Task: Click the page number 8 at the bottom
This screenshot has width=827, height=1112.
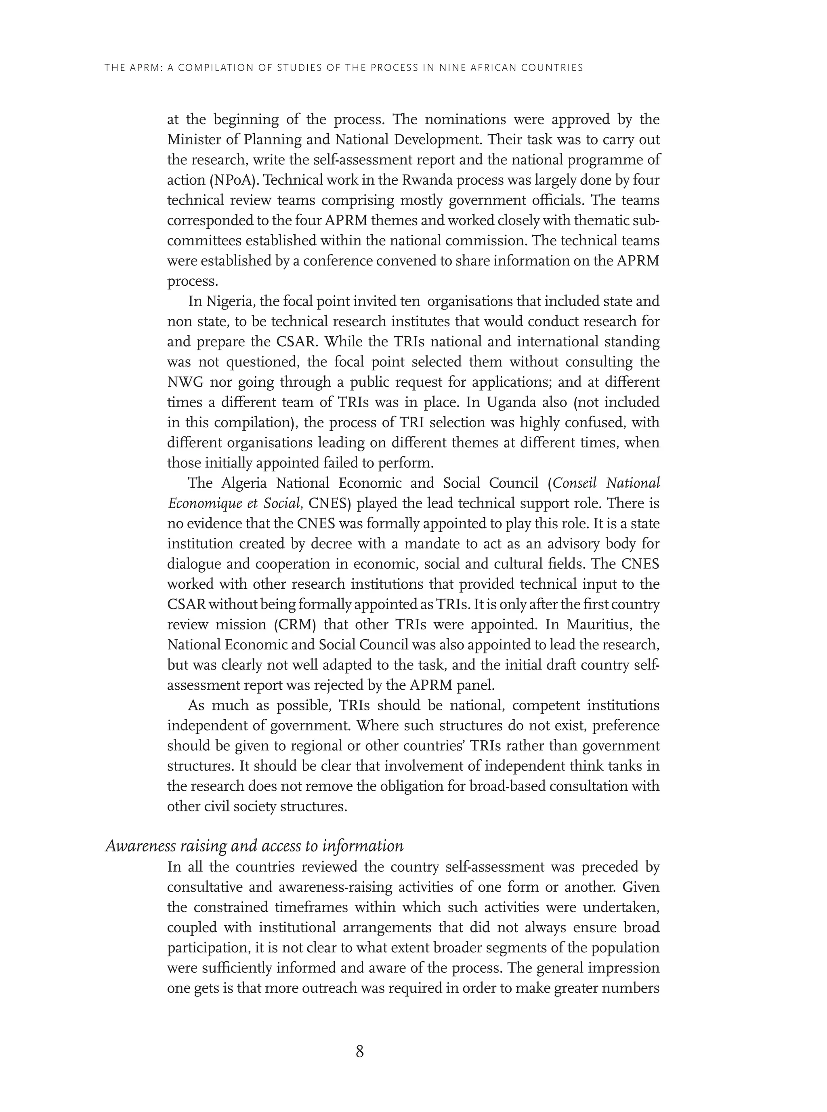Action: click(359, 1051)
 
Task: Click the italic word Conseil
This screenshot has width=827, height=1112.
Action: click(573, 483)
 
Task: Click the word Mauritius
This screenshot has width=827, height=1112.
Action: click(595, 625)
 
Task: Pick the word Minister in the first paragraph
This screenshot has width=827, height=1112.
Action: click(193, 140)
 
